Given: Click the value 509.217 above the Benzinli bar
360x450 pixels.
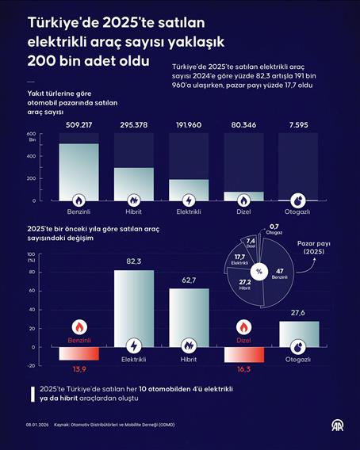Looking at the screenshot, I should pos(79,124).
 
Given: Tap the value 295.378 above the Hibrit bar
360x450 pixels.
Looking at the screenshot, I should pos(133,124).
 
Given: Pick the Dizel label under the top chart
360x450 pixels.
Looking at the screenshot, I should pos(243,212).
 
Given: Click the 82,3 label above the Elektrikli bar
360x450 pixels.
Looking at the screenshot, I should pos(133,261).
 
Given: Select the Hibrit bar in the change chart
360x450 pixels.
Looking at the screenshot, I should pos(189,317).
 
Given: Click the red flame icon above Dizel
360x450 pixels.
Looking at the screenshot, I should pos(243,326).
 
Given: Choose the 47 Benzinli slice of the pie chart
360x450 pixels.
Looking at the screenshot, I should pos(280,269).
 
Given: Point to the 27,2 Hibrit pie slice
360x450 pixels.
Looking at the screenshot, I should pos(246,283).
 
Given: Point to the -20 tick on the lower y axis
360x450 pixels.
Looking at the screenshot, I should pos(32,366).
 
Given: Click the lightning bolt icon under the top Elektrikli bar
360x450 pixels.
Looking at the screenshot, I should pos(189,200).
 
